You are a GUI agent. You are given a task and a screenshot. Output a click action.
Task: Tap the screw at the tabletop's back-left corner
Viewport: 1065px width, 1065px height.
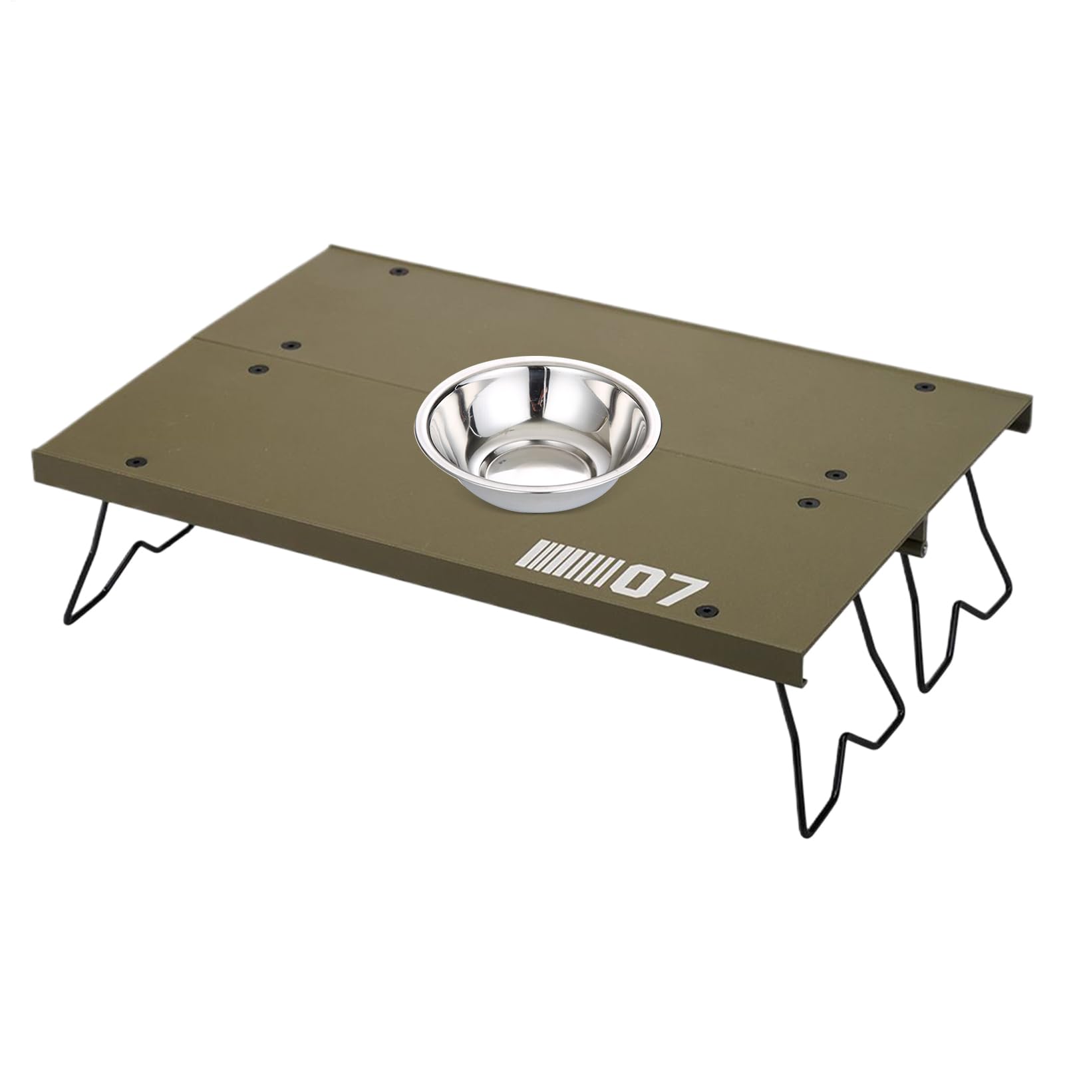398,272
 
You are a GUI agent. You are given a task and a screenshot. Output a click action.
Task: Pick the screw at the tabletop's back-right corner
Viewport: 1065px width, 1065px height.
923,386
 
